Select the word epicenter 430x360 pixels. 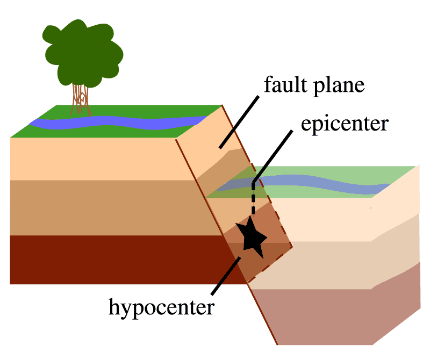(x=345, y=124)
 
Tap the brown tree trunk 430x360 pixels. (x=81, y=99)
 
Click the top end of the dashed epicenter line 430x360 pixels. (x=253, y=183)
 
